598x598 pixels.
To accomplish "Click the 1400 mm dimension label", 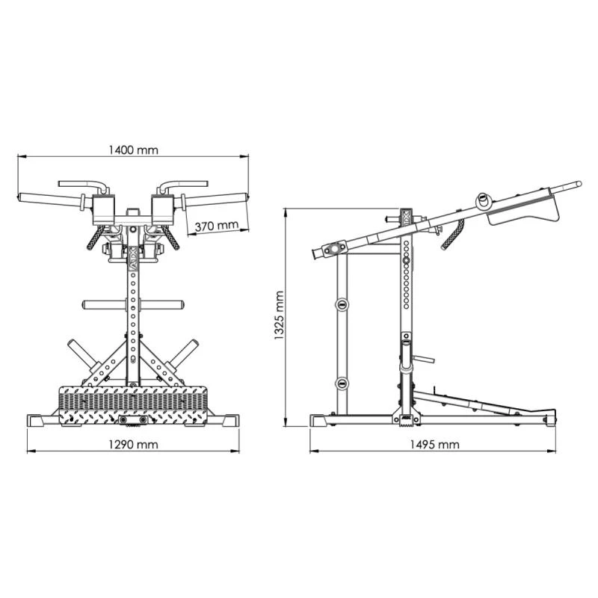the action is click(x=133, y=150).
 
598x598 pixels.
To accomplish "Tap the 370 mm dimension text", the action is click(x=217, y=226).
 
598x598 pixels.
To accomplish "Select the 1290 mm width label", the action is click(x=133, y=444).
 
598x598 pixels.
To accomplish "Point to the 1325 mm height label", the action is click(x=279, y=315).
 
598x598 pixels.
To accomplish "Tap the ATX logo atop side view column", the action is click(x=406, y=217).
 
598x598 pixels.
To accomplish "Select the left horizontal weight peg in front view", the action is click(x=105, y=305).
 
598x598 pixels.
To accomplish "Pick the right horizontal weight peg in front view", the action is click(x=161, y=305).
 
